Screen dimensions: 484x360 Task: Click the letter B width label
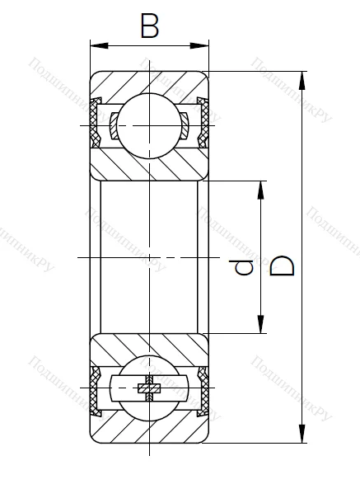pos(149,26)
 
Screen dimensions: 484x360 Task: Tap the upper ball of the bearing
pos(149,125)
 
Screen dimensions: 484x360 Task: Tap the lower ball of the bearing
pos(149,388)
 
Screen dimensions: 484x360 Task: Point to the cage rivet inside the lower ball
pos(149,388)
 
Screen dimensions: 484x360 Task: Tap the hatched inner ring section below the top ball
pos(149,165)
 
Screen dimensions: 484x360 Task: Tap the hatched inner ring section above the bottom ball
pos(149,347)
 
